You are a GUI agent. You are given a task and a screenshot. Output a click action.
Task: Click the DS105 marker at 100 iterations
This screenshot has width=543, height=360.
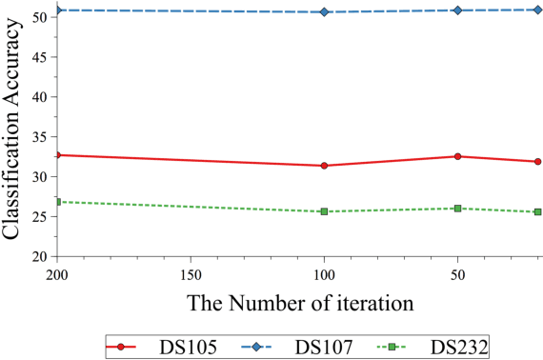tap(325, 166)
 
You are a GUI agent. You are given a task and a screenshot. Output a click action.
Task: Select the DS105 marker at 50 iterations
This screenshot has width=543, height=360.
tap(458, 156)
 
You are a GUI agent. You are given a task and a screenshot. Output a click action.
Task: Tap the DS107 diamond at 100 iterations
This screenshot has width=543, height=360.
tap(325, 12)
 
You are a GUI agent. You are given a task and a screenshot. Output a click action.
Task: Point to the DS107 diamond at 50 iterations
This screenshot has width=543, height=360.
tap(458, 10)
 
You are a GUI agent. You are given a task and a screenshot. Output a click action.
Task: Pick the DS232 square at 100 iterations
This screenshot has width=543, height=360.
tap(325, 211)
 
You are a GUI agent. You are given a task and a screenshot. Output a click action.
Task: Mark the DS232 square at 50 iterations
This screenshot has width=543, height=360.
tap(458, 209)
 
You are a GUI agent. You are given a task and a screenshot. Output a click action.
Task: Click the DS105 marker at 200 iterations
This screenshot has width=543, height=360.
tap(58, 154)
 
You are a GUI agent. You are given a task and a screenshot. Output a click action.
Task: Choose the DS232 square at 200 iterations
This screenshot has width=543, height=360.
tap(58, 202)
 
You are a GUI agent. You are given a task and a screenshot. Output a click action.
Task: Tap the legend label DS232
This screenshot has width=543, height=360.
tap(459, 346)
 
